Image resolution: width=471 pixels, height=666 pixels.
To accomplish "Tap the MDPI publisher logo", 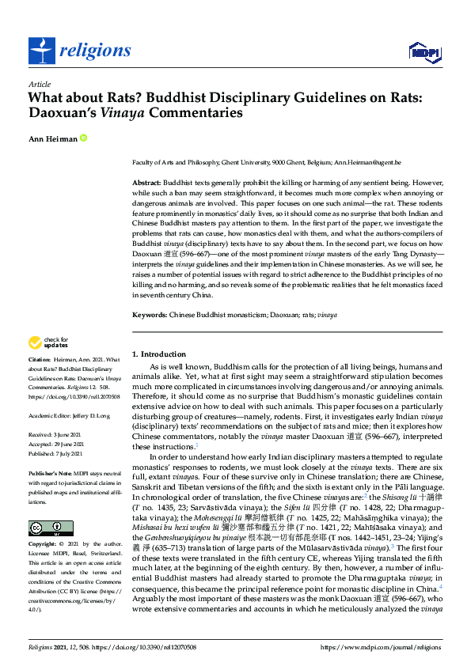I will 424,52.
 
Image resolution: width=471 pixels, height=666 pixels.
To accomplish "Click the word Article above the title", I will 39,84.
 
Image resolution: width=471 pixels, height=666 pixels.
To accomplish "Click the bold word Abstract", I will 146,183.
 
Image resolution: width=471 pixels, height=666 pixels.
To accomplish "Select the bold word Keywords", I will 150,314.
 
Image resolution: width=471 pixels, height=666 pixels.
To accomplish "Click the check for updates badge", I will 45,342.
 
